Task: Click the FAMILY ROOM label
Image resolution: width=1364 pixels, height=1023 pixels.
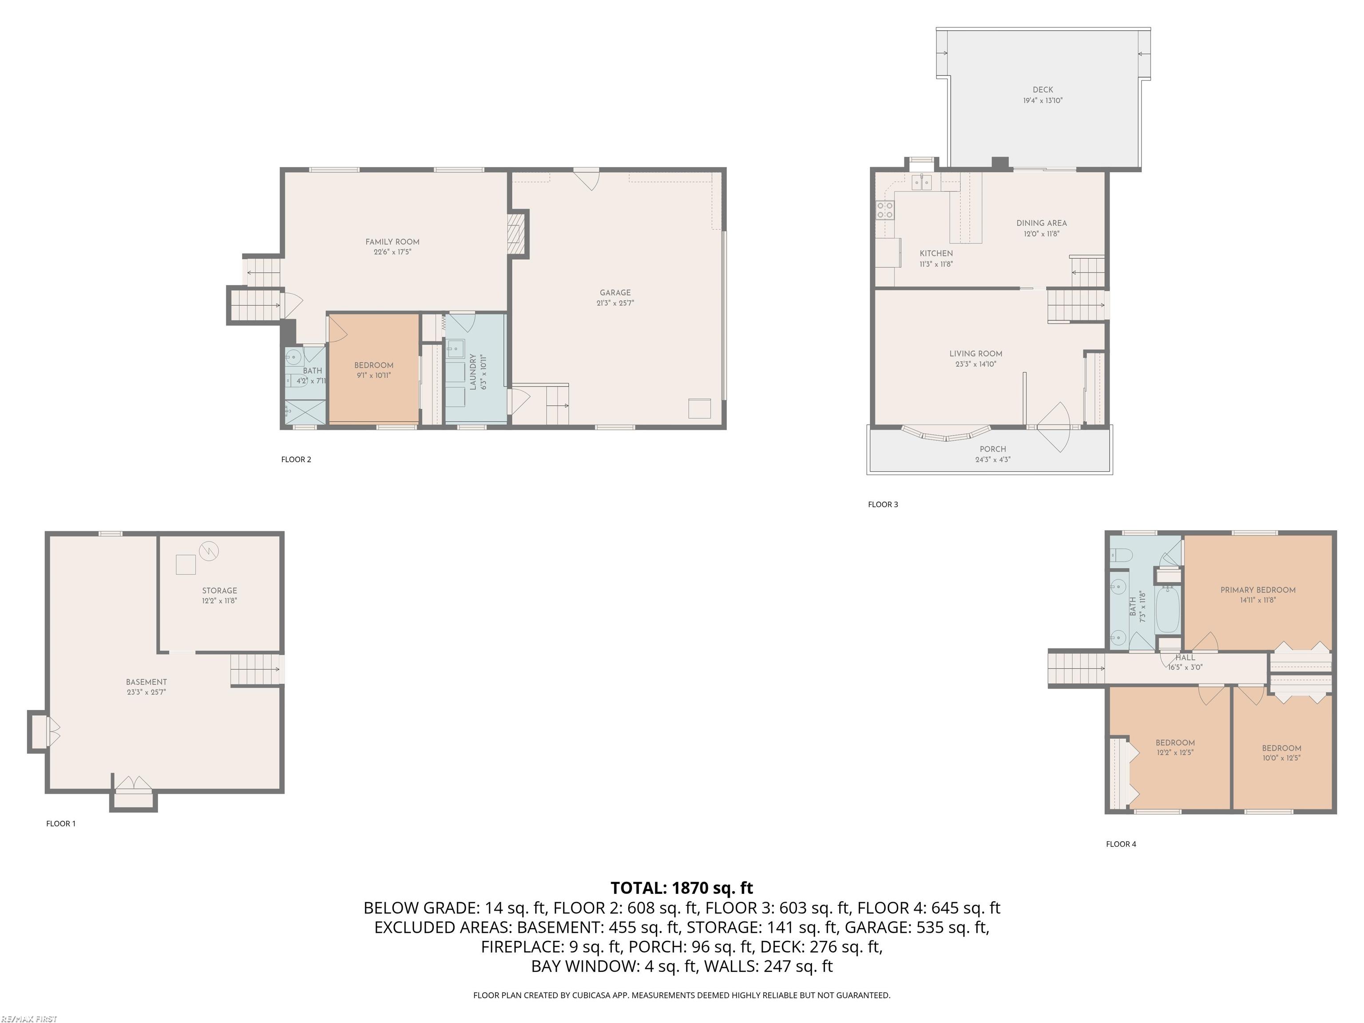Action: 392,242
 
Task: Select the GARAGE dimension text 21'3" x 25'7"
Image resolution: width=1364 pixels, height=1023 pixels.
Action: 615,303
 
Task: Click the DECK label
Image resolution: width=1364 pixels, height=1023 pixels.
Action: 1043,89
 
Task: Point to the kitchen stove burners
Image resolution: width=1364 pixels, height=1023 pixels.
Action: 885,210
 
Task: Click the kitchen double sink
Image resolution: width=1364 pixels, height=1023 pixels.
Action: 921,182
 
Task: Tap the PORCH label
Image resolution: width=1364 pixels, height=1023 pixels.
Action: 992,449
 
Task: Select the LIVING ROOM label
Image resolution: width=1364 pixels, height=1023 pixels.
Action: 975,353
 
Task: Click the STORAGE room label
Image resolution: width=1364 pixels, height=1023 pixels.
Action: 219,590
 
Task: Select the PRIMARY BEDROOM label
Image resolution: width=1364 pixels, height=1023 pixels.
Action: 1257,590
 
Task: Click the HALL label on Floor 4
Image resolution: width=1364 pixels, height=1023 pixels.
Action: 1185,657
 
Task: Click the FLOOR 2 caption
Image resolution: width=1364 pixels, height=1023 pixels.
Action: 296,460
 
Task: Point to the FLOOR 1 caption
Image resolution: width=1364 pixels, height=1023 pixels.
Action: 60,823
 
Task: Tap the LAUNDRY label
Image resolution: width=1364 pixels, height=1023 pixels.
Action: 473,372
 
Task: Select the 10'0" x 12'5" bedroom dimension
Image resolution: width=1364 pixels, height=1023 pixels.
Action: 1281,758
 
